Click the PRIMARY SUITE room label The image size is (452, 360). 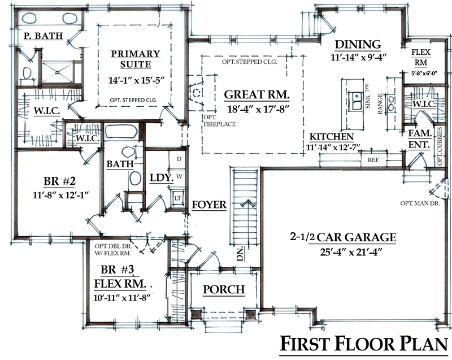click(136, 59)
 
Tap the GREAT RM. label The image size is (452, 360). click(257, 94)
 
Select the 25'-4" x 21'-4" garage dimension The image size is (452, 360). click(351, 252)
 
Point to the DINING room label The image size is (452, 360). click(358, 44)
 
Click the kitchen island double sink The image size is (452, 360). click(355, 101)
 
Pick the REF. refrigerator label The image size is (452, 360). click(373, 160)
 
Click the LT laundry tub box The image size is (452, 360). click(178, 198)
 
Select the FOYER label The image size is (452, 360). click(209, 205)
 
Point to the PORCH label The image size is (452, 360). click(224, 289)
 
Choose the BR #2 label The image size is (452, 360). click(60, 181)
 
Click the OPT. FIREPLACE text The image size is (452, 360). click(219, 121)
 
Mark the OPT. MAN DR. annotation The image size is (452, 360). click(420, 203)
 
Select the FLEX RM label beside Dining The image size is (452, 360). click(421, 57)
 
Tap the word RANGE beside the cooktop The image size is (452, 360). click(380, 104)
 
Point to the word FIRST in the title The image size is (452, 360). click(305, 344)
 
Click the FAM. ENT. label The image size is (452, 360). click(420, 138)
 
